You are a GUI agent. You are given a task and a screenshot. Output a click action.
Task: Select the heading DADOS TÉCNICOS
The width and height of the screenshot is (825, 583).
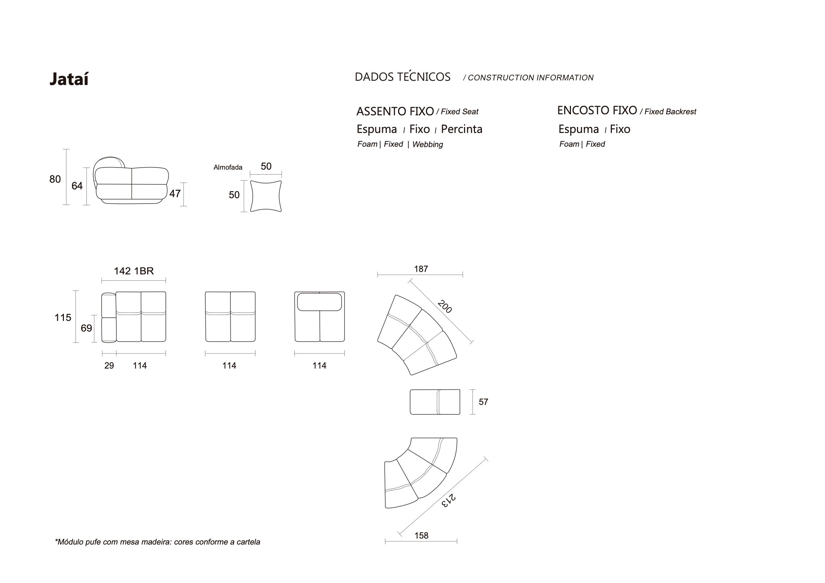pos(402,77)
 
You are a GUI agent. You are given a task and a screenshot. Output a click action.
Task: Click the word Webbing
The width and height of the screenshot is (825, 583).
pos(427,144)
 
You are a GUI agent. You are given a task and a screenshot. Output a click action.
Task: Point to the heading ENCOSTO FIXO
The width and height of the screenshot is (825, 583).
pos(596,110)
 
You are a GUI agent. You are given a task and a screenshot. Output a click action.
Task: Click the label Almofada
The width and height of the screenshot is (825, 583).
pos(228,168)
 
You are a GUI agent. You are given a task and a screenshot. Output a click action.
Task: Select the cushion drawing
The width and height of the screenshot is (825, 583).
pos(266,196)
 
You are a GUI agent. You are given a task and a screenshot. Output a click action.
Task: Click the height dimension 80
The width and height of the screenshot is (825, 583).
pos(55,179)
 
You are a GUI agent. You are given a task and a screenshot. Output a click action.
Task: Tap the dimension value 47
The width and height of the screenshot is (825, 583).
pos(175,194)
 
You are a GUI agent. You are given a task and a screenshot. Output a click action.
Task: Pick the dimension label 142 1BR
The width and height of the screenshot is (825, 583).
pos(134,271)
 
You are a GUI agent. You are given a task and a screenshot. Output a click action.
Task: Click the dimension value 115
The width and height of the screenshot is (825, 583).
pos(62,317)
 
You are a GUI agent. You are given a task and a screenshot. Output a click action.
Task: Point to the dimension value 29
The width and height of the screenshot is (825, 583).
pos(109,366)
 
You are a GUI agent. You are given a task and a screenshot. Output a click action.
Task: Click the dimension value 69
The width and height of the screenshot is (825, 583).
pos(86,328)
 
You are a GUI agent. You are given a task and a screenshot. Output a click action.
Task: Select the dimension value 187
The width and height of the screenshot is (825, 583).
pos(421,269)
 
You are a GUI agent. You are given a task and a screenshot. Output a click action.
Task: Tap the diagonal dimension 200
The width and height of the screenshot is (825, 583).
pos(445,307)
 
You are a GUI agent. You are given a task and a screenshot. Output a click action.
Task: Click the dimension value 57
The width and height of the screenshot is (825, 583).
pos(483,402)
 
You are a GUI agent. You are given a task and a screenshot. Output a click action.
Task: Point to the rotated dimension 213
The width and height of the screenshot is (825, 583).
pos(448,500)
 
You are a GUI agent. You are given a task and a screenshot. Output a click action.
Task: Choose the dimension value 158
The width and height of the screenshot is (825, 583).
pos(421,536)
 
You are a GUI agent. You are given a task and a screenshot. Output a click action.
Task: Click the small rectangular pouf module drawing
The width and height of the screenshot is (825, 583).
pos(434,402)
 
